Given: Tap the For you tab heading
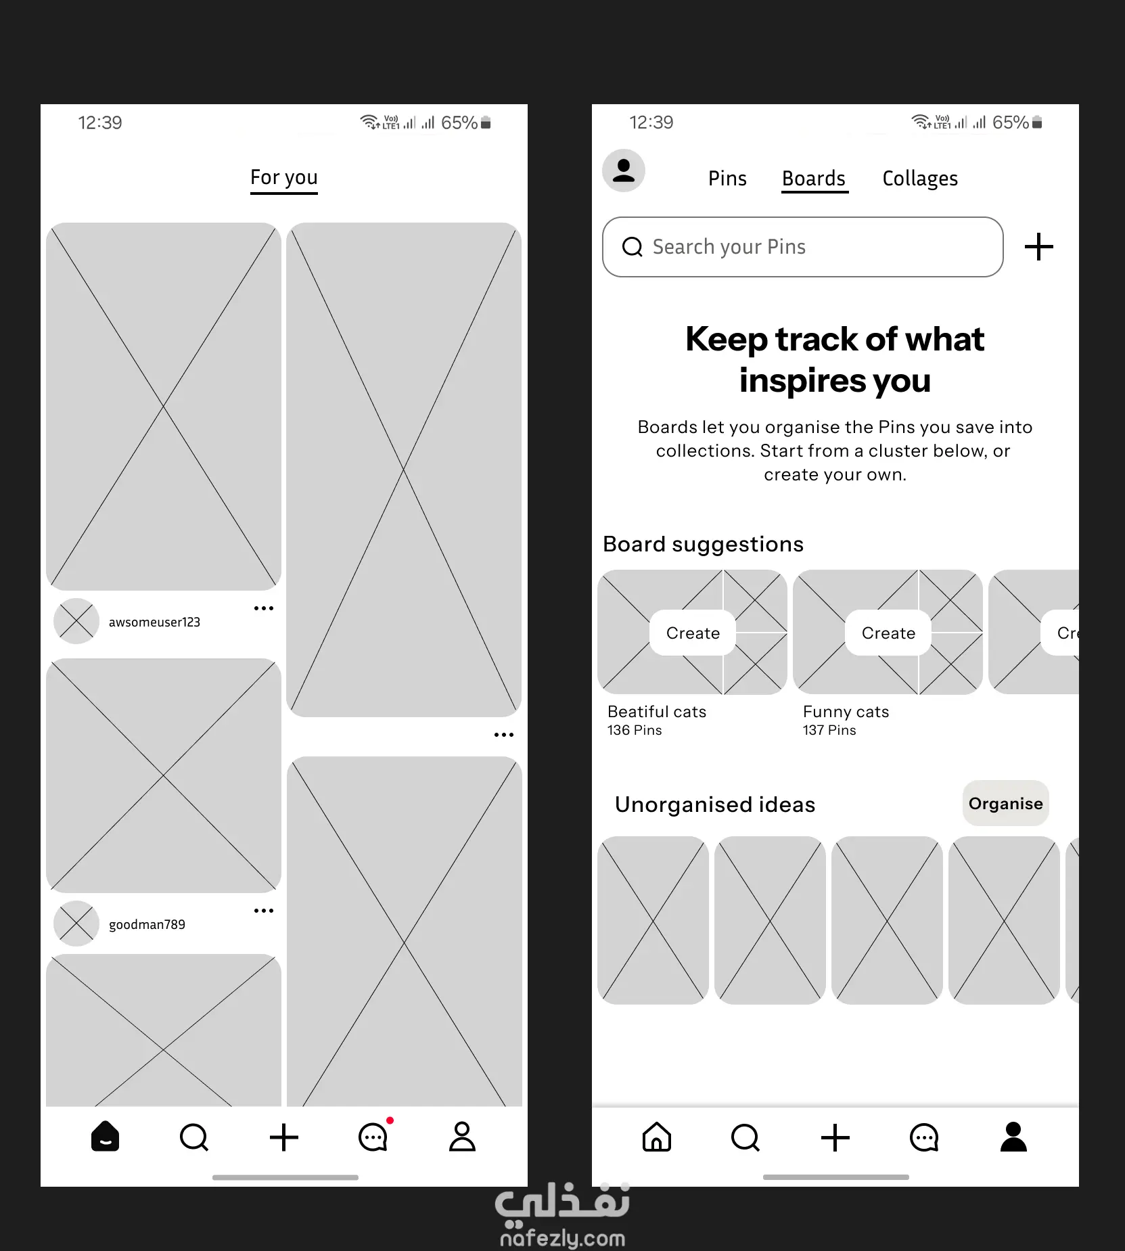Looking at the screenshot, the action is click(284, 177).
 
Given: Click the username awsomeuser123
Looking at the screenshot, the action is click(154, 622).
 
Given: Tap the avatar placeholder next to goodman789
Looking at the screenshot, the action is click(76, 924).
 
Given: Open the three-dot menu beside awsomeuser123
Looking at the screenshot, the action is click(264, 608).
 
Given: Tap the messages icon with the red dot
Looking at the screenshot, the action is click(374, 1137).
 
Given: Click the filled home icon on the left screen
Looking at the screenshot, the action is click(106, 1137).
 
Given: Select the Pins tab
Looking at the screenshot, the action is click(727, 179).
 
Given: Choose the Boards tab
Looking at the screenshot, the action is click(814, 179).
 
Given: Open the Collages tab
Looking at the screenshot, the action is click(920, 179).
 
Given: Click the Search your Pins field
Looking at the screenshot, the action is click(802, 247).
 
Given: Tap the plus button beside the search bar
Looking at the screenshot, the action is click(1039, 247).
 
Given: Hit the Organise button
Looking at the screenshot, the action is click(1006, 803).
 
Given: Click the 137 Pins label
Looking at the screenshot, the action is click(829, 730).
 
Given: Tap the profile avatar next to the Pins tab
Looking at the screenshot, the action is click(624, 170).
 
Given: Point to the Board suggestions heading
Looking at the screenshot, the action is click(704, 544).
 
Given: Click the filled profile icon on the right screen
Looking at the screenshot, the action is click(1013, 1137).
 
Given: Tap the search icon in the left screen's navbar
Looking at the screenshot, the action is click(194, 1137).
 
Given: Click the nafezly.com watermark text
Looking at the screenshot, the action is click(562, 1238).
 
